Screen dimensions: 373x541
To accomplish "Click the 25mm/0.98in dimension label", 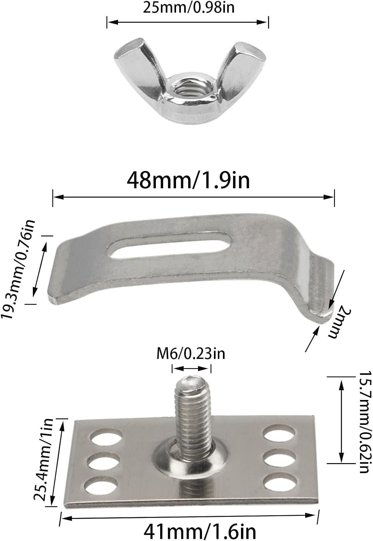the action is pyautogui.click(x=189, y=8).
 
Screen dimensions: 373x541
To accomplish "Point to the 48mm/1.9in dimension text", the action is pyautogui.click(x=188, y=180).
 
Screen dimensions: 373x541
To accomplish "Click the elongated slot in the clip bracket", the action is pyautogui.click(x=170, y=246).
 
